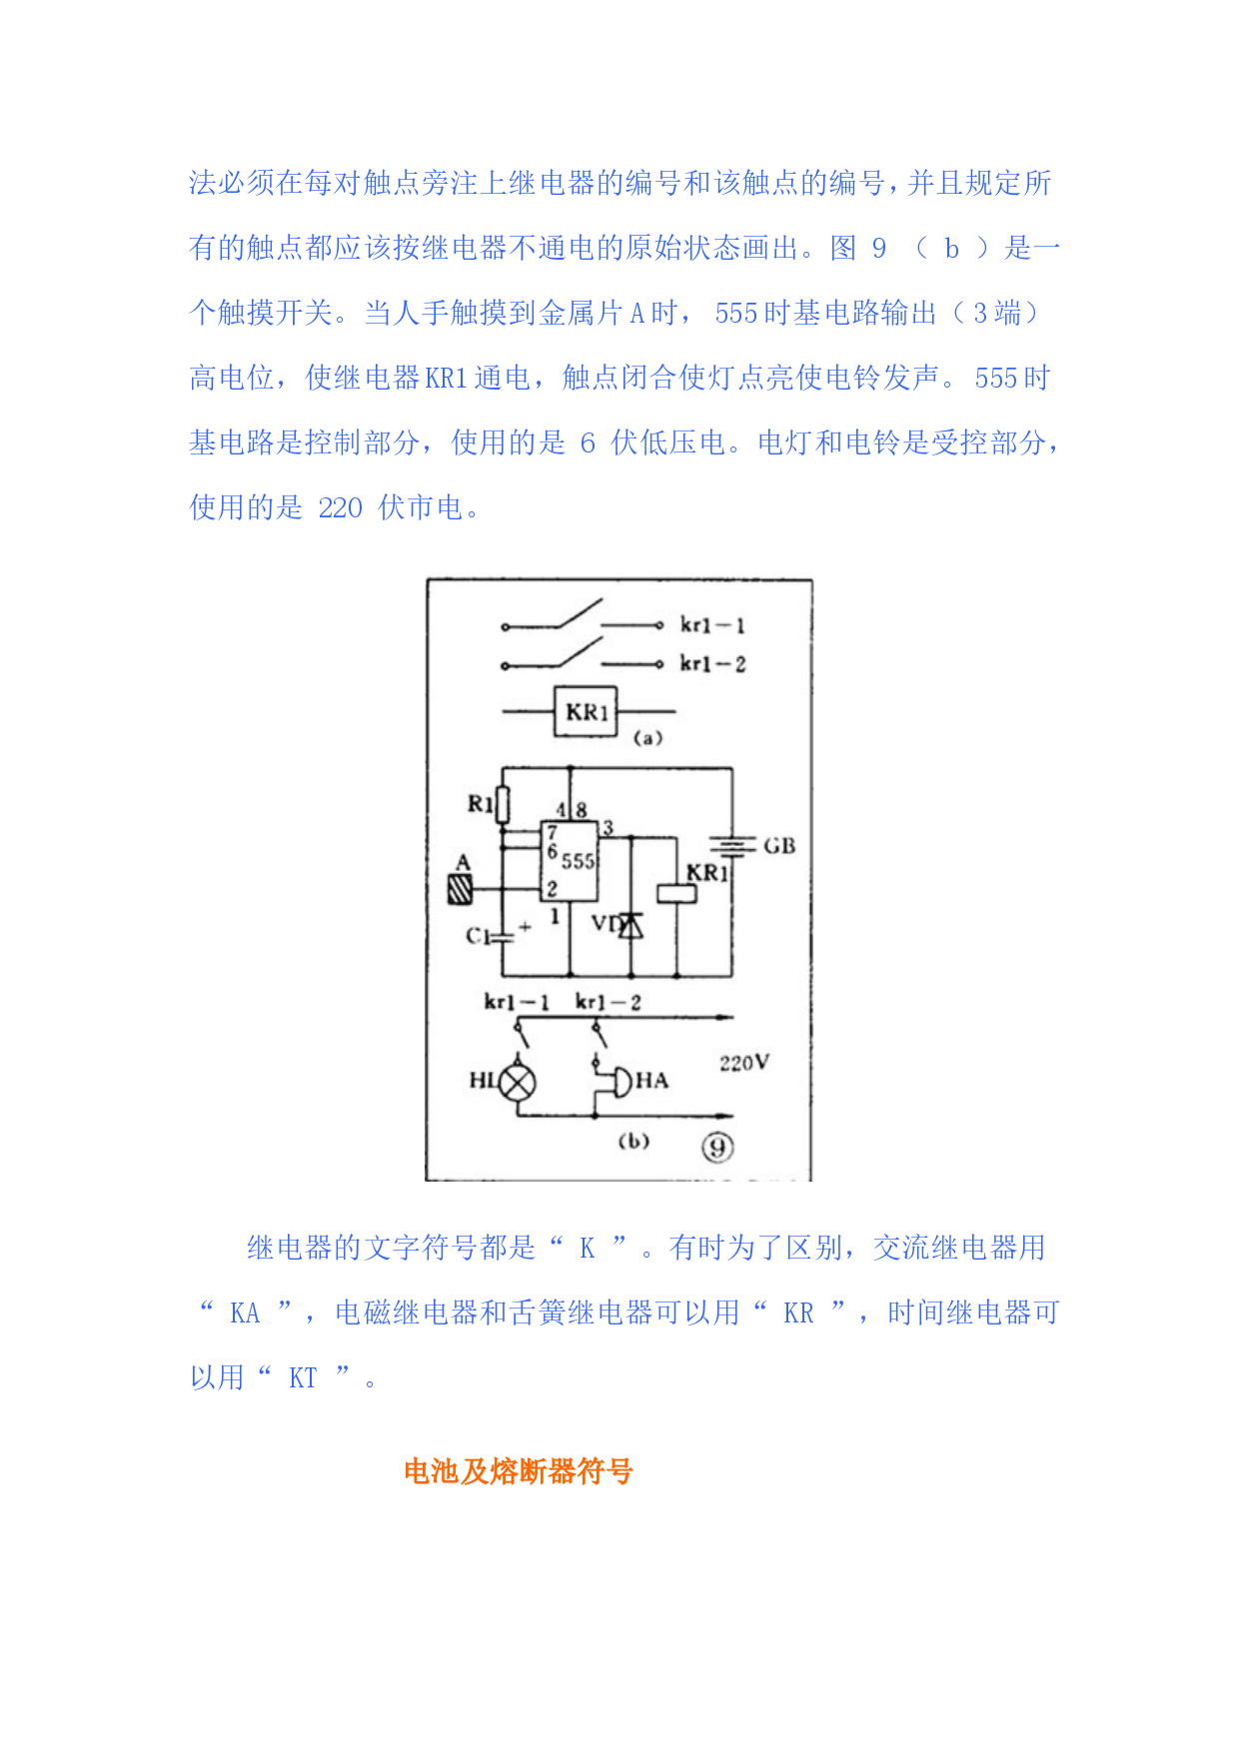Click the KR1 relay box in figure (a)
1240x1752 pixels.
coord(586,711)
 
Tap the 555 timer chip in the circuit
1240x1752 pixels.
coord(570,860)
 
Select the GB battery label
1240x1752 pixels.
coord(779,846)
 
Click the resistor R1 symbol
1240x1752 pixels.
coord(503,805)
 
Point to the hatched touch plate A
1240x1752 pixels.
coord(461,889)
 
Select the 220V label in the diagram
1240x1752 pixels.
coord(744,1063)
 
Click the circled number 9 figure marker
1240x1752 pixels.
coord(716,1148)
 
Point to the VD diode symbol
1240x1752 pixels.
coord(630,926)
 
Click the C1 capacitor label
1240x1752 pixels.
coord(477,936)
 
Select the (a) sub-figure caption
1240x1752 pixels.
coord(647,738)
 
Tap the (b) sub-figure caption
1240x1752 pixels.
coord(633,1141)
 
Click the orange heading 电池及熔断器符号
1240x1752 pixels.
coord(519,1471)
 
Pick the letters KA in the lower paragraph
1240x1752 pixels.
coord(245,1314)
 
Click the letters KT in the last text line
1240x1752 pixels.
coord(303,1378)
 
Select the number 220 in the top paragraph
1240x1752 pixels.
coord(340,508)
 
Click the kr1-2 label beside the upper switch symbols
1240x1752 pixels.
coord(712,664)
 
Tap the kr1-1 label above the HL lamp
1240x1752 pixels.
coord(516,1002)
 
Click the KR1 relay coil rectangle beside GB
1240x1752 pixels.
coord(676,893)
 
